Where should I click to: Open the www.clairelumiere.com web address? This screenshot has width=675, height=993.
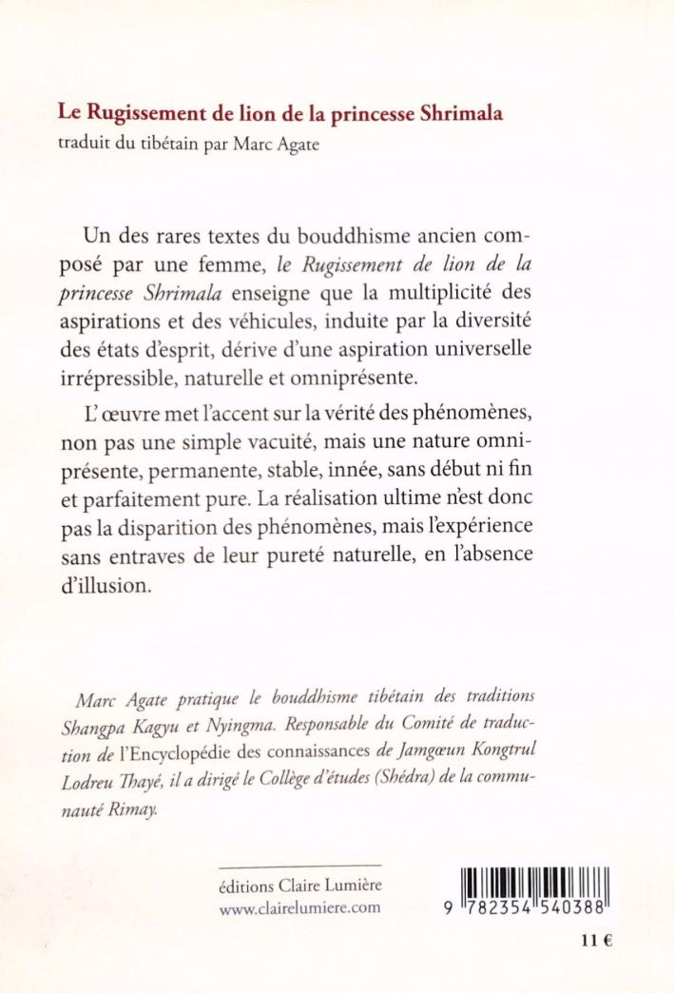point(299,906)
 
